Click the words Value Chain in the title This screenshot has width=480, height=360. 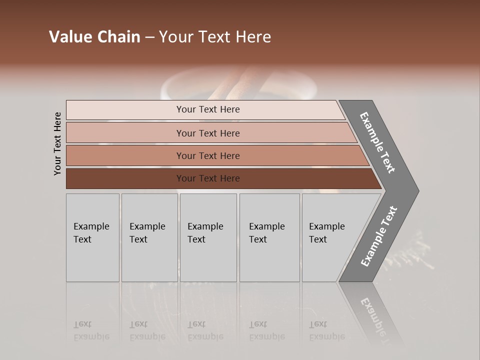tap(94, 37)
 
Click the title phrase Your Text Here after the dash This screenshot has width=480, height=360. tap(215, 37)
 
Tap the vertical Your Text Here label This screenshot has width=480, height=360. tap(57, 143)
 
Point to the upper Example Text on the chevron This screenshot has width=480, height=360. tap(377, 142)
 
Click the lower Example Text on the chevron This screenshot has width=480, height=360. tap(379, 236)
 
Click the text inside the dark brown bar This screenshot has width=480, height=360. tap(208, 178)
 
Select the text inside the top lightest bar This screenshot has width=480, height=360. tap(208, 109)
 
